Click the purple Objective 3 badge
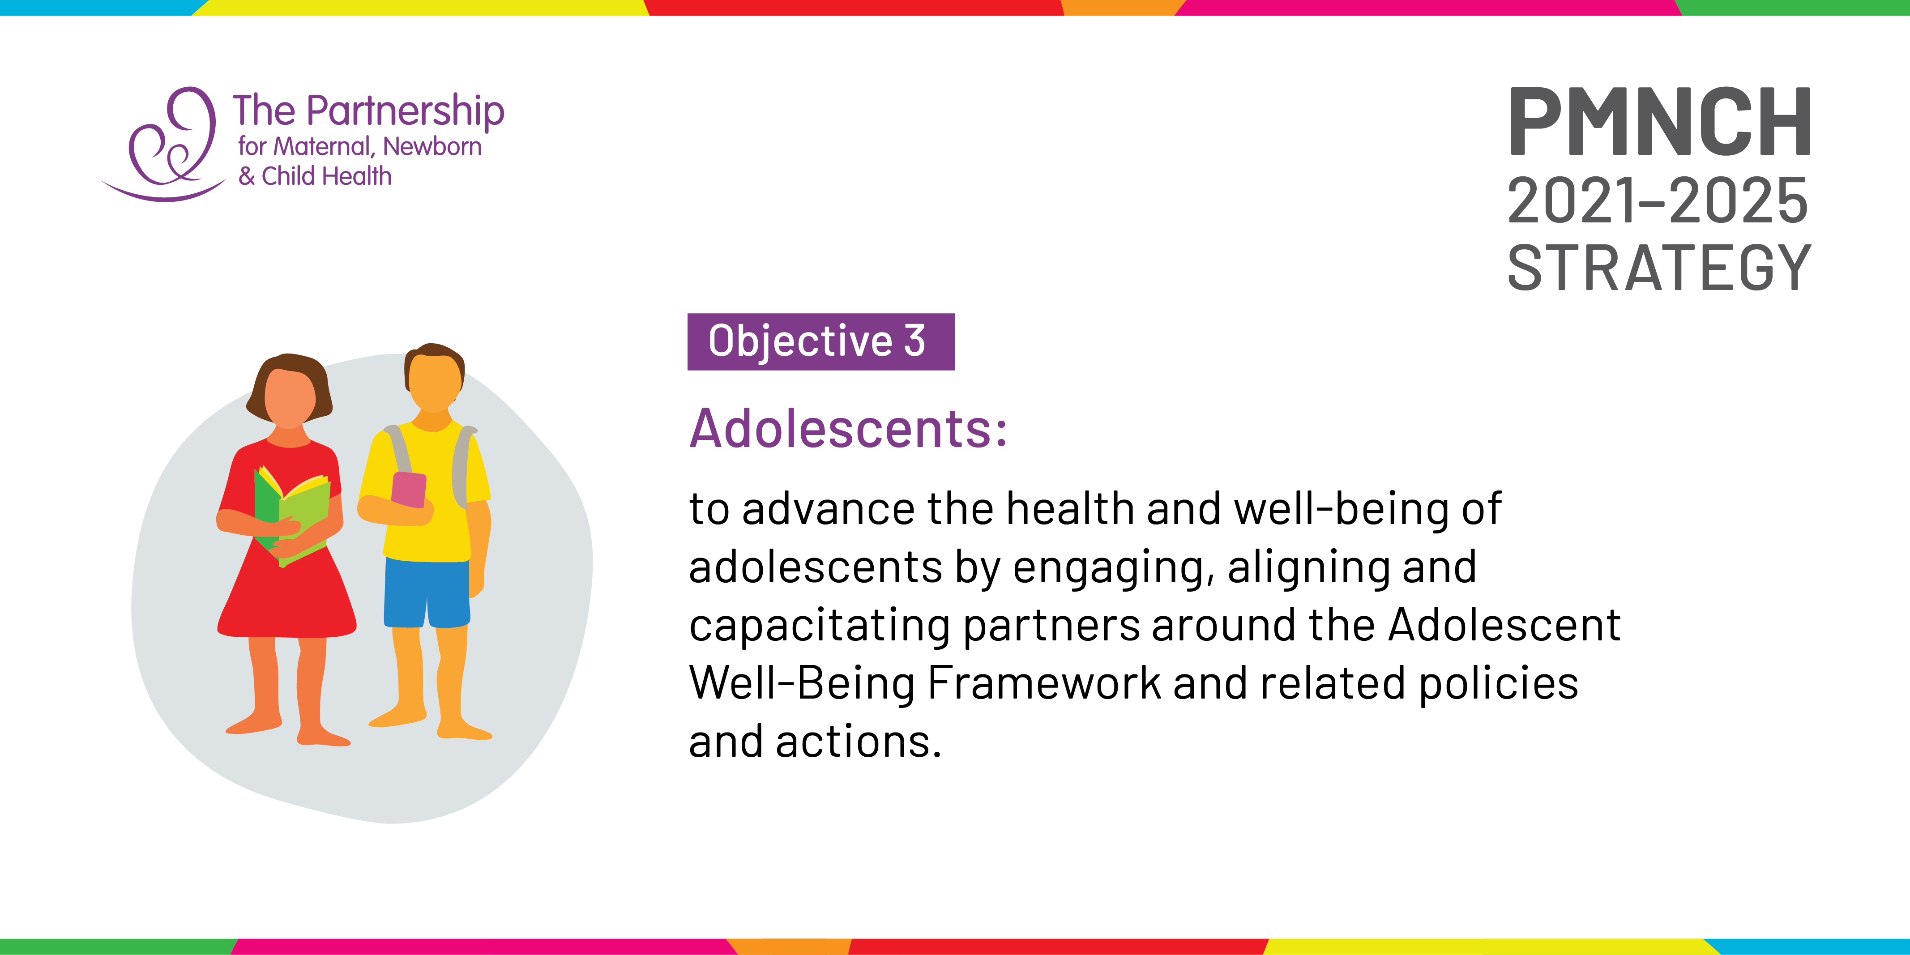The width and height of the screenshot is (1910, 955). tap(821, 342)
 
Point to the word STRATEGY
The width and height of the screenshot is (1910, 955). tap(1659, 268)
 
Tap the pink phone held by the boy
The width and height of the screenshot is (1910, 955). tap(409, 490)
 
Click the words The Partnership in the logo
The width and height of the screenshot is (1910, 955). tap(368, 111)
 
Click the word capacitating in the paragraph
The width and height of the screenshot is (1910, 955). tap(819, 625)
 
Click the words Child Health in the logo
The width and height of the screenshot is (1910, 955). tap(326, 176)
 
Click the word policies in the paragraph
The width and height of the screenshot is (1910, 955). tap(1499, 683)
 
